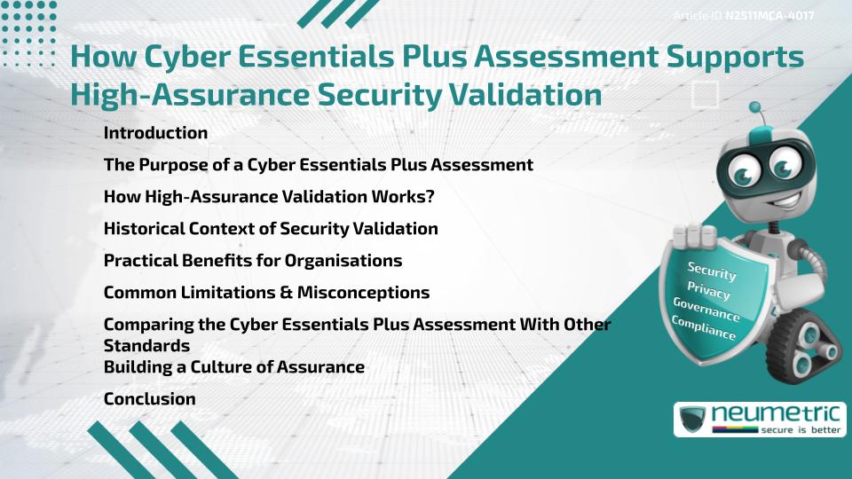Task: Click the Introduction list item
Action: (155, 133)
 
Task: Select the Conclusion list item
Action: (149, 399)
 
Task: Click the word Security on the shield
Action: (712, 271)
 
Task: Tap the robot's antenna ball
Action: (756, 108)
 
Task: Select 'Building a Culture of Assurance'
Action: (233, 367)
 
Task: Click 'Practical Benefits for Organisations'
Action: (253, 261)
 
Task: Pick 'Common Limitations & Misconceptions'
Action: (266, 293)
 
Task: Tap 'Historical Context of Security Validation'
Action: (271, 229)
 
